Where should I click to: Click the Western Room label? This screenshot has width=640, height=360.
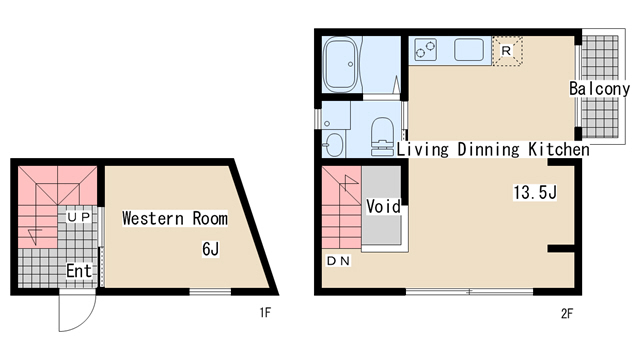[x=175, y=218]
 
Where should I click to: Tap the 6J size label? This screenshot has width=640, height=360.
[x=211, y=249]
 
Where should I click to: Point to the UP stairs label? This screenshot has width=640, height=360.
[x=79, y=217]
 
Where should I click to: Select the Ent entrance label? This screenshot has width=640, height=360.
[x=79, y=271]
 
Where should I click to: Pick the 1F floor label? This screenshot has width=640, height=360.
[x=265, y=313]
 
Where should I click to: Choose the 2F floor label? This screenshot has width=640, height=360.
[x=567, y=313]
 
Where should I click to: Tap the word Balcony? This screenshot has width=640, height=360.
[x=599, y=89]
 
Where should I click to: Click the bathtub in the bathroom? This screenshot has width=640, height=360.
[x=340, y=64]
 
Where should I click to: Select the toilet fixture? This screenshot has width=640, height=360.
[x=382, y=136]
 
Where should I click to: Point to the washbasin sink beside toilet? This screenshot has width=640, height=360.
[x=334, y=145]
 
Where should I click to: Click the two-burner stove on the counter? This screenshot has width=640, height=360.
[x=425, y=50]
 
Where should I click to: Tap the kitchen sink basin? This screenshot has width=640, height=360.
[x=469, y=50]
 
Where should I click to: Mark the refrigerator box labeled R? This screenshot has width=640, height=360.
[x=507, y=51]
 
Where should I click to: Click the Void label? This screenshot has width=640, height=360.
[x=383, y=207]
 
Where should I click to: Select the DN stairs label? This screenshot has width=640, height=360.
[x=338, y=261]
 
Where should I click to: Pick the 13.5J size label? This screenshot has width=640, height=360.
[x=535, y=192]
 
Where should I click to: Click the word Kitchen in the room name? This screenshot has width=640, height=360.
[x=559, y=149]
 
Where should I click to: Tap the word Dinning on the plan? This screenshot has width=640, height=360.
[x=488, y=149]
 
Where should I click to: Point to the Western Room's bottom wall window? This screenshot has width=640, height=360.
[x=210, y=291]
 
